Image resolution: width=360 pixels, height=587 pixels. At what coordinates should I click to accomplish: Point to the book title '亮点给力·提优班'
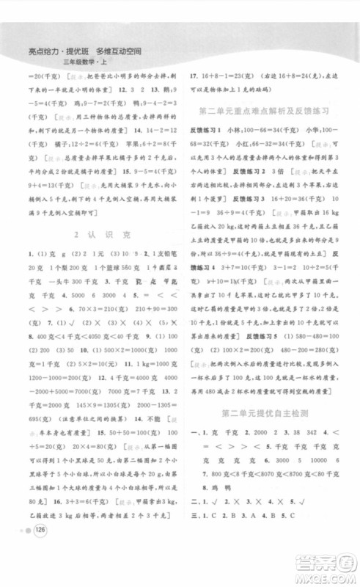54,51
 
